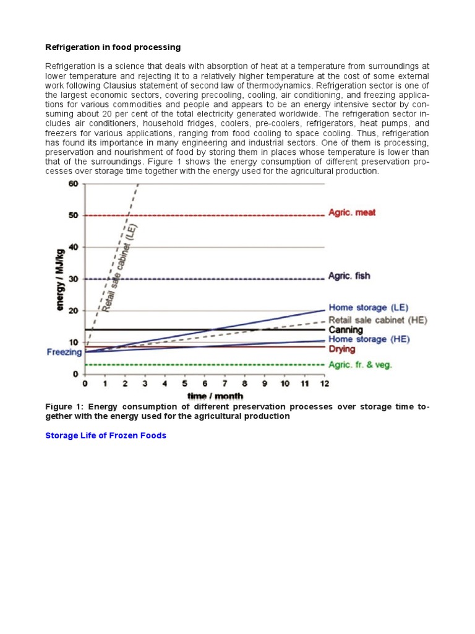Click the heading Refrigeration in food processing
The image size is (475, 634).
(113, 47)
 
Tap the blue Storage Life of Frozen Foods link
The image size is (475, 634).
(106, 435)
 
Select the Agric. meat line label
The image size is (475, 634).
(351, 212)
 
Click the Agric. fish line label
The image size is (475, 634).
(349, 276)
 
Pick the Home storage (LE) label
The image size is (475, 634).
(368, 307)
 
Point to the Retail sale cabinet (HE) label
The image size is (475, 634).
(378, 320)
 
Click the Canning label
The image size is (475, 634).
(346, 330)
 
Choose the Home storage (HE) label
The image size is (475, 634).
(369, 339)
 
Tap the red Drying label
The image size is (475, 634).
(342, 350)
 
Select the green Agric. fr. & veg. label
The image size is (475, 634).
(360, 365)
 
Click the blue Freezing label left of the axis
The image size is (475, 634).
(64, 352)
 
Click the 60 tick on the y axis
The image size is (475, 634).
(73, 183)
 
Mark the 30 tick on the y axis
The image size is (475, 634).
(73, 279)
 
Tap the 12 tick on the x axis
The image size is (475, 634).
(325, 384)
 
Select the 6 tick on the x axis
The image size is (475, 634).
(205, 384)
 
